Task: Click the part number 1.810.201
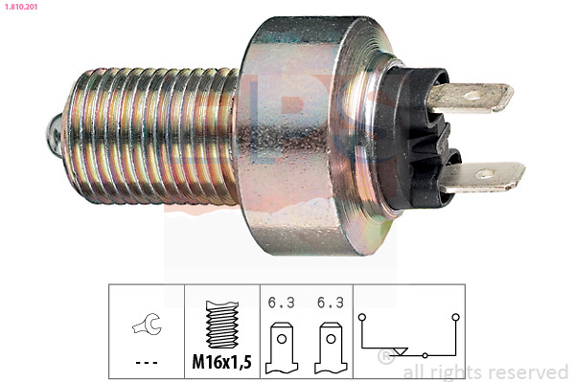click(21, 7)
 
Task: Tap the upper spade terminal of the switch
click(471, 97)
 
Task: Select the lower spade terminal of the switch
click(482, 177)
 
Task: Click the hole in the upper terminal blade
click(473, 97)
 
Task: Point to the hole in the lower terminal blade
click(485, 174)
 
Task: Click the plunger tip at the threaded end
click(55, 132)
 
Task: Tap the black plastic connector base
click(417, 138)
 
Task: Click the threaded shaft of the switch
click(152, 136)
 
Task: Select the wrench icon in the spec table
click(147, 325)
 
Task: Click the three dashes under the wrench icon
click(147, 363)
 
